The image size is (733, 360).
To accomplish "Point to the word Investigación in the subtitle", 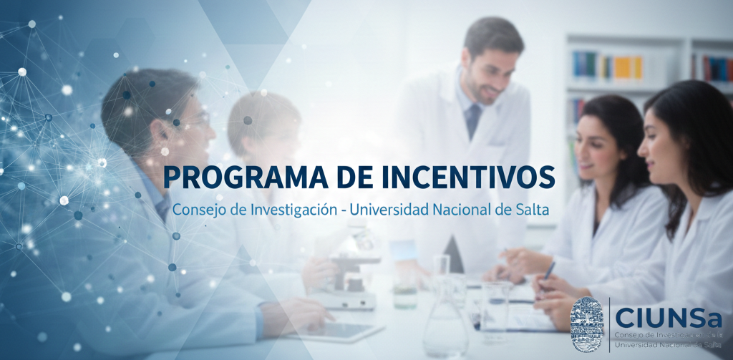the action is tap(293, 210).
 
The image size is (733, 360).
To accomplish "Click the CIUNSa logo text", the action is tap(669, 318).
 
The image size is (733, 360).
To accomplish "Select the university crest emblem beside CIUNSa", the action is tap(587, 324).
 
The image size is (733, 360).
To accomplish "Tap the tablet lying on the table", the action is tap(334, 331).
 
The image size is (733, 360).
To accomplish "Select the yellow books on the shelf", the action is tap(627, 67).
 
